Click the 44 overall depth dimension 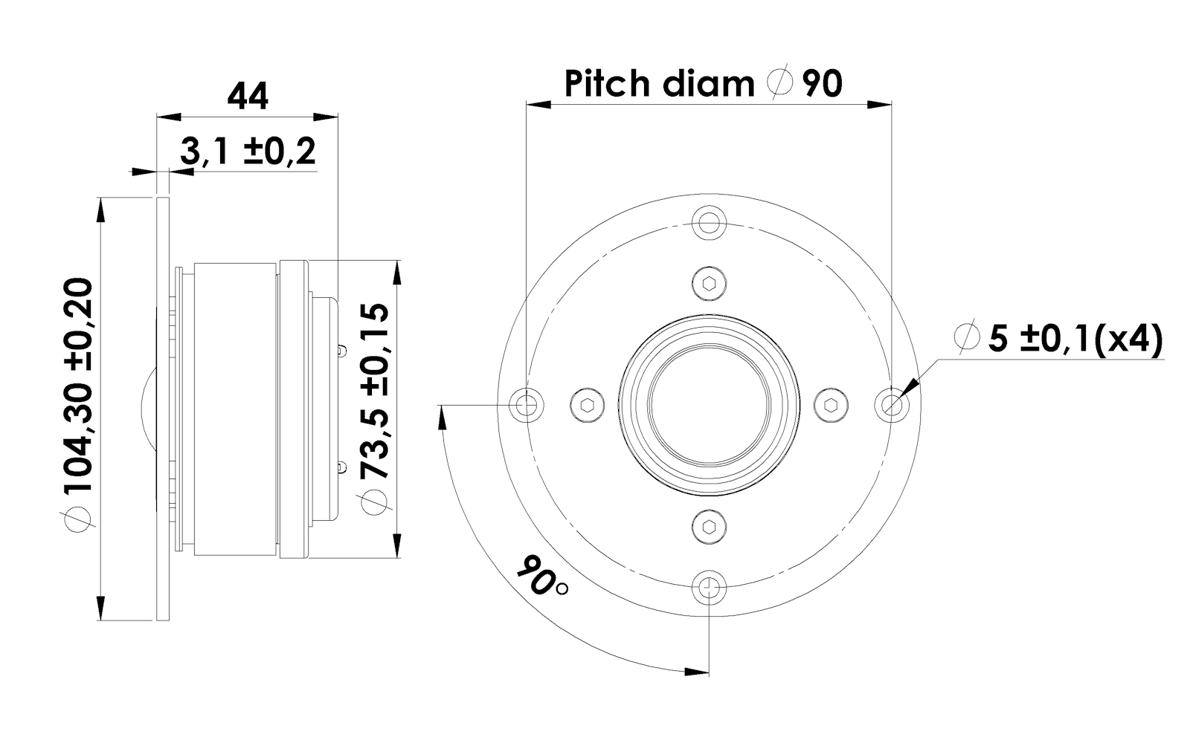[x=248, y=97]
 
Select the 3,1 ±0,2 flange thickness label [x=248, y=152]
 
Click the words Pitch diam [x=659, y=83]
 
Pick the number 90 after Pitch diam [x=823, y=83]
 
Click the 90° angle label [x=541, y=577]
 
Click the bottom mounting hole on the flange [x=709, y=588]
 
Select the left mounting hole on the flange [x=527, y=404]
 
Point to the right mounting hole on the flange [x=891, y=404]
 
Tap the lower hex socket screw [x=709, y=527]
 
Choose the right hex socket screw [x=831, y=404]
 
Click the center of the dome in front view [x=709, y=404]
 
